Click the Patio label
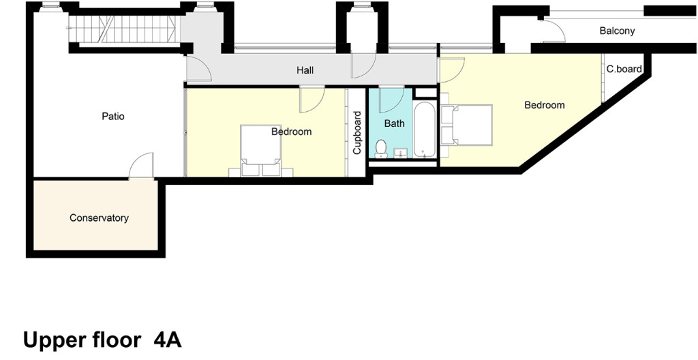[113, 116]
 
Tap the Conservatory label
[99, 218]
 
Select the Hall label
[305, 70]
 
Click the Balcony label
[617, 31]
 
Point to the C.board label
[624, 69]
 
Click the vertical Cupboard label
[356, 133]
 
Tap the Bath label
[394, 123]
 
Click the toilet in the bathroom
[381, 149]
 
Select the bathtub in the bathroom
[424, 130]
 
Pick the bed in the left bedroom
[260, 149]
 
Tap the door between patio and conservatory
[142, 166]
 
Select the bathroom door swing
[391, 95]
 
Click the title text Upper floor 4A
[102, 340]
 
